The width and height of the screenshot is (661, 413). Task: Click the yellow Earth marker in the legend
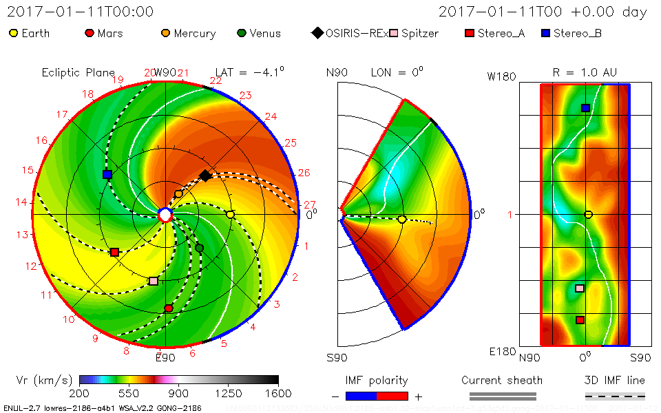(x=13, y=33)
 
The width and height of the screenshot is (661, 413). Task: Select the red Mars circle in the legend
(x=89, y=33)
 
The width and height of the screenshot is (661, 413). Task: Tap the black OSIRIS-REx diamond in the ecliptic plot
(x=205, y=176)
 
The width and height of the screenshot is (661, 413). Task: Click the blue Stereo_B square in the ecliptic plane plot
(x=107, y=175)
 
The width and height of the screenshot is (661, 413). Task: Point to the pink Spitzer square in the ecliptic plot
(x=154, y=281)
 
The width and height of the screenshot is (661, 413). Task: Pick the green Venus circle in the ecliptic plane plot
(x=200, y=248)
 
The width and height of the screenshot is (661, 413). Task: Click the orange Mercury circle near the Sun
(x=179, y=194)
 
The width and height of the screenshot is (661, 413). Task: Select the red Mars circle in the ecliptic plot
(x=169, y=308)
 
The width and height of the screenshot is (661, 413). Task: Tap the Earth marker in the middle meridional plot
(x=402, y=219)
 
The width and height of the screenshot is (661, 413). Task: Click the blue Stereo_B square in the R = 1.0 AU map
(x=585, y=108)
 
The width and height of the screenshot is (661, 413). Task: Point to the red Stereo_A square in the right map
(x=580, y=319)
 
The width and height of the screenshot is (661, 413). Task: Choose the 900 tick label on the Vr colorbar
(x=179, y=394)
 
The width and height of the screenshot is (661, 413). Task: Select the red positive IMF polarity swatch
(x=392, y=396)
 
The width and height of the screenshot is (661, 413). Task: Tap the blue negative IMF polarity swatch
(x=361, y=396)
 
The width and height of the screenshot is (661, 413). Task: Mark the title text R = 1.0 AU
(x=585, y=72)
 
